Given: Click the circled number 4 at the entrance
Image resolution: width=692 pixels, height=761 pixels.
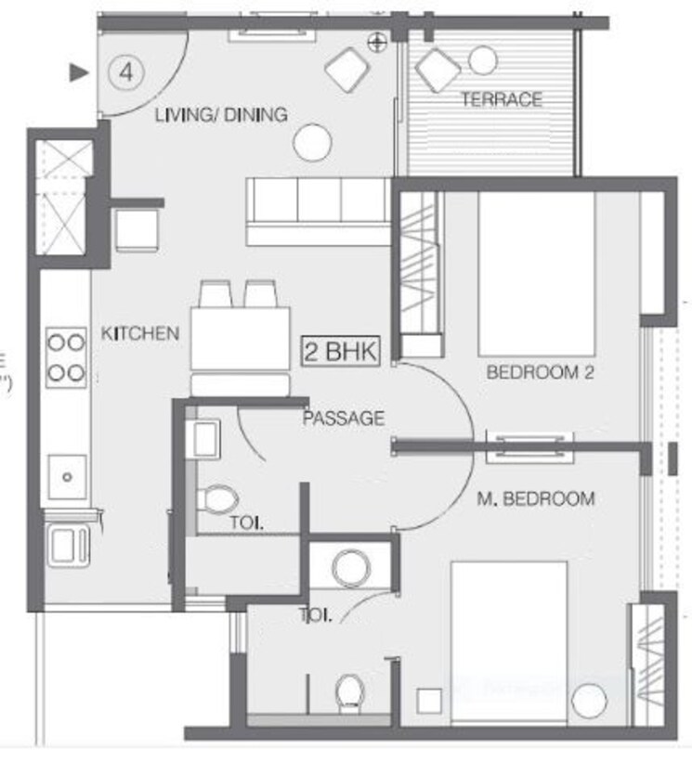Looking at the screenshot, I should point(124,71).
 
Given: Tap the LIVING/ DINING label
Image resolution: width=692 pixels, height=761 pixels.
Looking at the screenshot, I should point(221,115).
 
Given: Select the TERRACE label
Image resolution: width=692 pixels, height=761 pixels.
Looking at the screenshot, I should point(502,98).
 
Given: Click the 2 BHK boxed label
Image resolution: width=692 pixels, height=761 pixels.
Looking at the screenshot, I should point(339,352).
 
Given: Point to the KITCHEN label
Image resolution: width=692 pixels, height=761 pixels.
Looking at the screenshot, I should point(140,334).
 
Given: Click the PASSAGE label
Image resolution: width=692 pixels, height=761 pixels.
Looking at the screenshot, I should point(343,419).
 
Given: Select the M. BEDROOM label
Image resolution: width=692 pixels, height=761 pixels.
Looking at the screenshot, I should point(535,499).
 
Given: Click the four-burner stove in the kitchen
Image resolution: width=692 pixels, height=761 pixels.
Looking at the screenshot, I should point(66,357).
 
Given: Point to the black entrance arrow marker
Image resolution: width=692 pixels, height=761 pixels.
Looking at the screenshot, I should point(81,71).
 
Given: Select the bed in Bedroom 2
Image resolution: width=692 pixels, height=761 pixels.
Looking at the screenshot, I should point(536,274).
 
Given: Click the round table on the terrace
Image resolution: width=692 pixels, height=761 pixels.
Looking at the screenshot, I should point(482,60).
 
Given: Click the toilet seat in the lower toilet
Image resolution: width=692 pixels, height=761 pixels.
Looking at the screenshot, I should point(349,691).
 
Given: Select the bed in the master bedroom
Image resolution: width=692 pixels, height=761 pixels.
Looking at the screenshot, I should point(509,640).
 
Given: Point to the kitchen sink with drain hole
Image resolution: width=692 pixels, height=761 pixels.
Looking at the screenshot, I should point(67,477).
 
